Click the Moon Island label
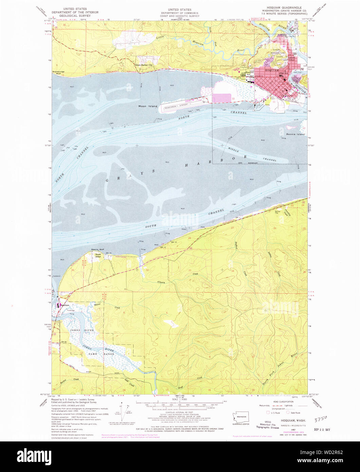(148, 106)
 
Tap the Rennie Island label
(295, 134)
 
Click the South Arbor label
(98, 256)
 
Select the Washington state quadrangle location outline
(242, 416)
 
